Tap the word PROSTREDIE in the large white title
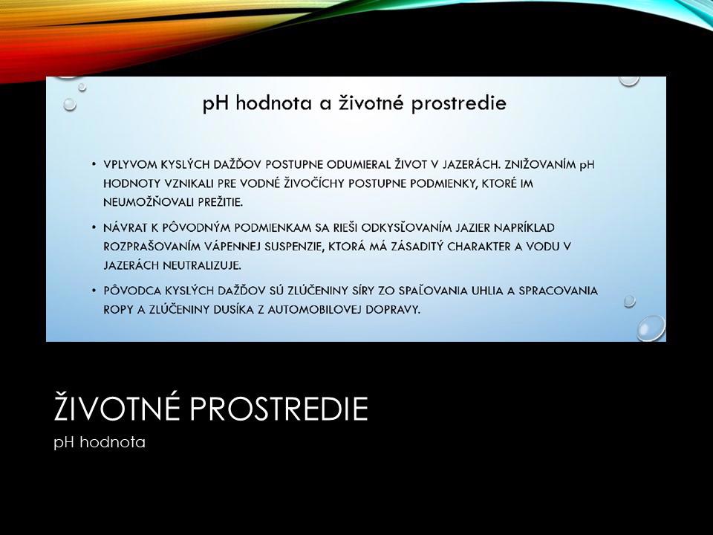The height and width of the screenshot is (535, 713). click(x=279, y=408)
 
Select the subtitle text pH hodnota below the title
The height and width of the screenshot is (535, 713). click(x=100, y=442)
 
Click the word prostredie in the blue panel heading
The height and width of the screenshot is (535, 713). click(x=458, y=104)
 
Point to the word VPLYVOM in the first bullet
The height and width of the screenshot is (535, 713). click(x=130, y=164)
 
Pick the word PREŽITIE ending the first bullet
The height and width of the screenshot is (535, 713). click(x=220, y=202)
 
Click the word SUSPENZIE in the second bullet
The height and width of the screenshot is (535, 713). click(x=290, y=246)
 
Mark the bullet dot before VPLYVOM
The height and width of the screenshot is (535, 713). click(x=94, y=164)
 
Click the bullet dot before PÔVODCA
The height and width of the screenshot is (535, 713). click(x=94, y=291)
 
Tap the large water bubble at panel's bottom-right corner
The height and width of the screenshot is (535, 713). click(x=651, y=328)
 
